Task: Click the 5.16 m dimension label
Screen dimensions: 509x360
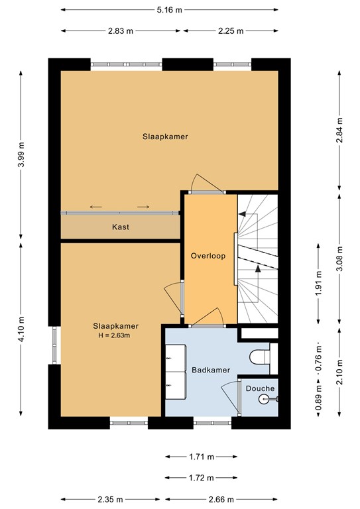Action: pyautogui.click(x=170, y=10)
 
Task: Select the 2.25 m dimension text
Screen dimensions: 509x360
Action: pyautogui.click(x=230, y=30)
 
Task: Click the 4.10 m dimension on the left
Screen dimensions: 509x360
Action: pyautogui.click(x=22, y=329)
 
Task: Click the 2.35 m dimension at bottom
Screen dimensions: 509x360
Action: pyautogui.click(x=111, y=499)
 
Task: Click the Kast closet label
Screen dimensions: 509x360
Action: pyautogui.click(x=120, y=227)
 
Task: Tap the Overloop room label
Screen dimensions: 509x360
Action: pyautogui.click(x=210, y=255)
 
